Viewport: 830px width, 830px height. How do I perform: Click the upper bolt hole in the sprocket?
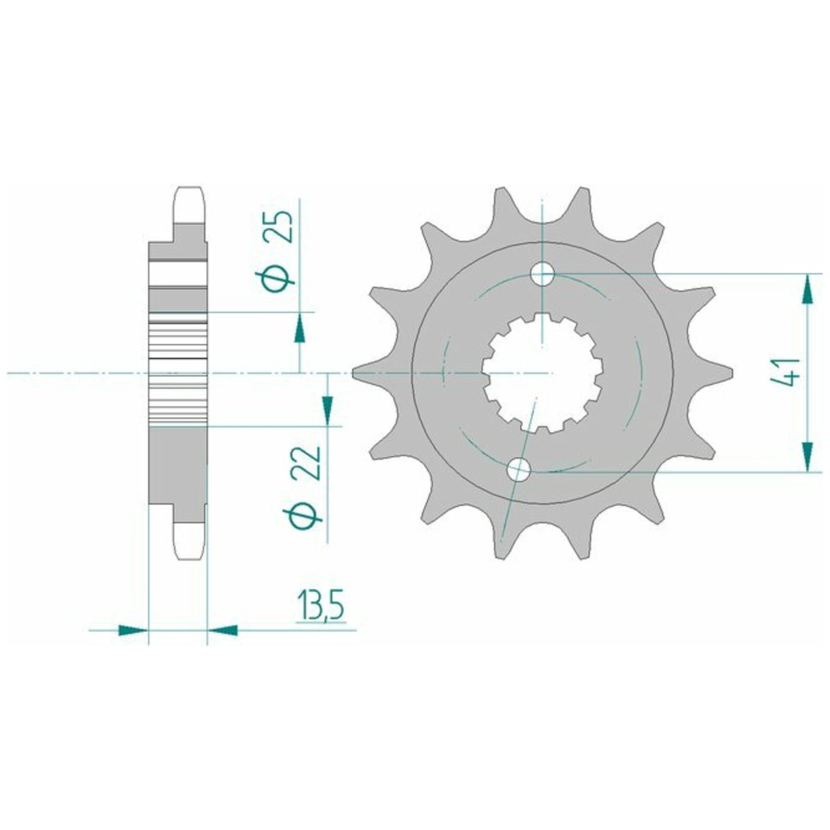(542, 274)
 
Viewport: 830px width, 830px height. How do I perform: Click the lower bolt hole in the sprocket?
(518, 470)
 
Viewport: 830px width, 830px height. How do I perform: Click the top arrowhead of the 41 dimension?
(808, 289)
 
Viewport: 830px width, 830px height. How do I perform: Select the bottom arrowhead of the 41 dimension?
(808, 456)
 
